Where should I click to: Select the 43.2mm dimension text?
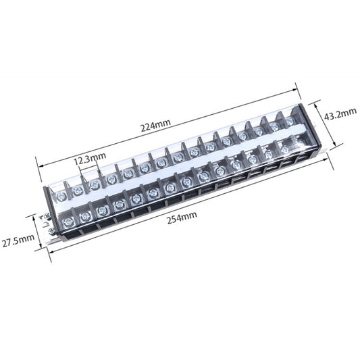pyautogui.click(x=340, y=115)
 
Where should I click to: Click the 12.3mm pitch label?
pyautogui.click(x=90, y=160)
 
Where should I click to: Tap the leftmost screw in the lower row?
pyautogui.click(x=66, y=221)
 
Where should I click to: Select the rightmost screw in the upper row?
pyautogui.click(x=290, y=122)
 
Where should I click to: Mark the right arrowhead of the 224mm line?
pyautogui.click(x=297, y=85)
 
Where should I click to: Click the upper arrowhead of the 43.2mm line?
pyautogui.click(x=315, y=103)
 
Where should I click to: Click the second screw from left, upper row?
pyautogui.click(x=78, y=191)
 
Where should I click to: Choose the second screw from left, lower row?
pyautogui.click(x=84, y=216)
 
